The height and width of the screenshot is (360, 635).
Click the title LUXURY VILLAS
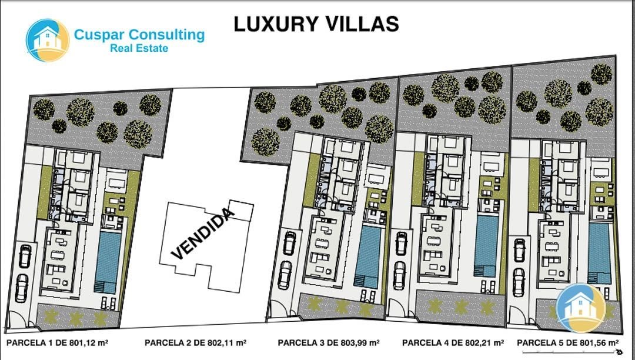click(316, 24)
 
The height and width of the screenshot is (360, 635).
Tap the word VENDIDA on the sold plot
click(203, 234)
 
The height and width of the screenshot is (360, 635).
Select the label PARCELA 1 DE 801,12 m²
click(57, 343)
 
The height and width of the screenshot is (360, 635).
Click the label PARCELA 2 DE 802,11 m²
click(196, 343)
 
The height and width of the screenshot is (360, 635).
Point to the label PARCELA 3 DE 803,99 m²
click(329, 343)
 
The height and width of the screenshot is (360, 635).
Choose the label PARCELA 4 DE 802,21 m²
click(453, 343)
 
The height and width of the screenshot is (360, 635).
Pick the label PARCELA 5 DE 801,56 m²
click(568, 343)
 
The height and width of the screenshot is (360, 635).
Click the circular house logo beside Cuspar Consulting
click(48, 40)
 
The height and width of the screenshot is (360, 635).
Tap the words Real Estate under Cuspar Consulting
click(139, 48)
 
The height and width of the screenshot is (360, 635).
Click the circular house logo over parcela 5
click(581, 308)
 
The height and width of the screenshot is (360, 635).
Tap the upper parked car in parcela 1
click(25, 256)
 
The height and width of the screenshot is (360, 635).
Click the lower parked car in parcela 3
click(285, 275)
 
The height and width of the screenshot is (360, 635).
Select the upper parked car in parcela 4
click(401, 243)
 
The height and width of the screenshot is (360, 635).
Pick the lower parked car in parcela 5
click(519, 282)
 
